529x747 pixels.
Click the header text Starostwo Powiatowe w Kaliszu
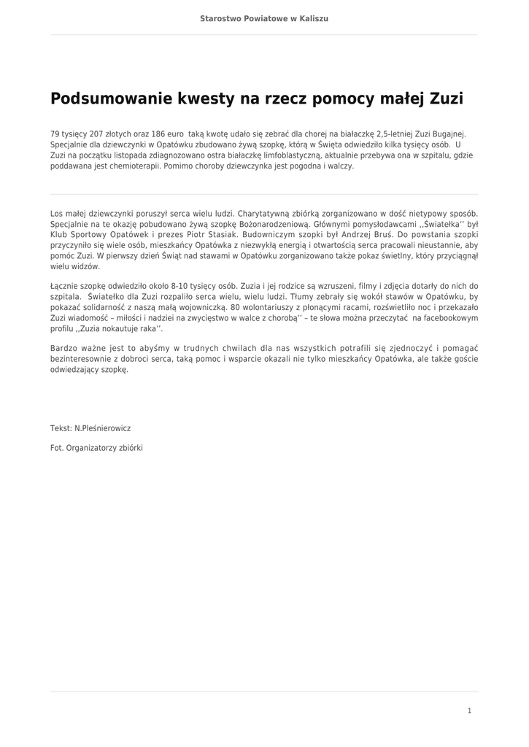(x=264, y=18)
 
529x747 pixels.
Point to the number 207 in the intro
(x=96, y=134)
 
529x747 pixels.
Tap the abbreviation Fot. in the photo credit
(x=57, y=447)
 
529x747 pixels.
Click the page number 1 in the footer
(x=470, y=711)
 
